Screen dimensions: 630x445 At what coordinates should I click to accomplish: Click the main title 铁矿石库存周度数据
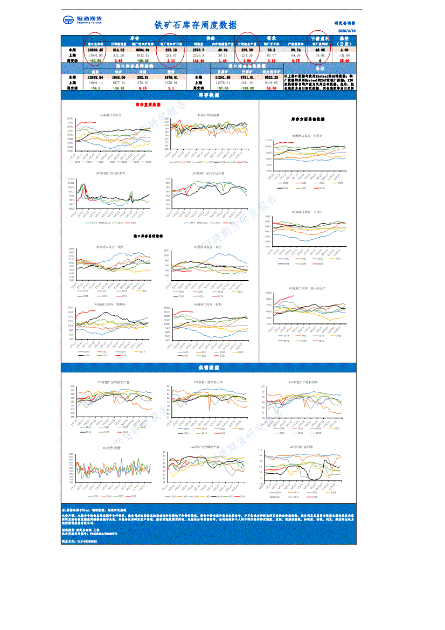195,25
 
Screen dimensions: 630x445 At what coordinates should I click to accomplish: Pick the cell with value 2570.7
199,50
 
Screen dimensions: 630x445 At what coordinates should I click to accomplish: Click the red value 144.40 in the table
199,61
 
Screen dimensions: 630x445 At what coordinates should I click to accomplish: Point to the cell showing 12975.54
95,78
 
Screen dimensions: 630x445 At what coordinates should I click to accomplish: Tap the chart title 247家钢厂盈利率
302,447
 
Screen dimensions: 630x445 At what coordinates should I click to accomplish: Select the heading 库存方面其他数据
308,119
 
